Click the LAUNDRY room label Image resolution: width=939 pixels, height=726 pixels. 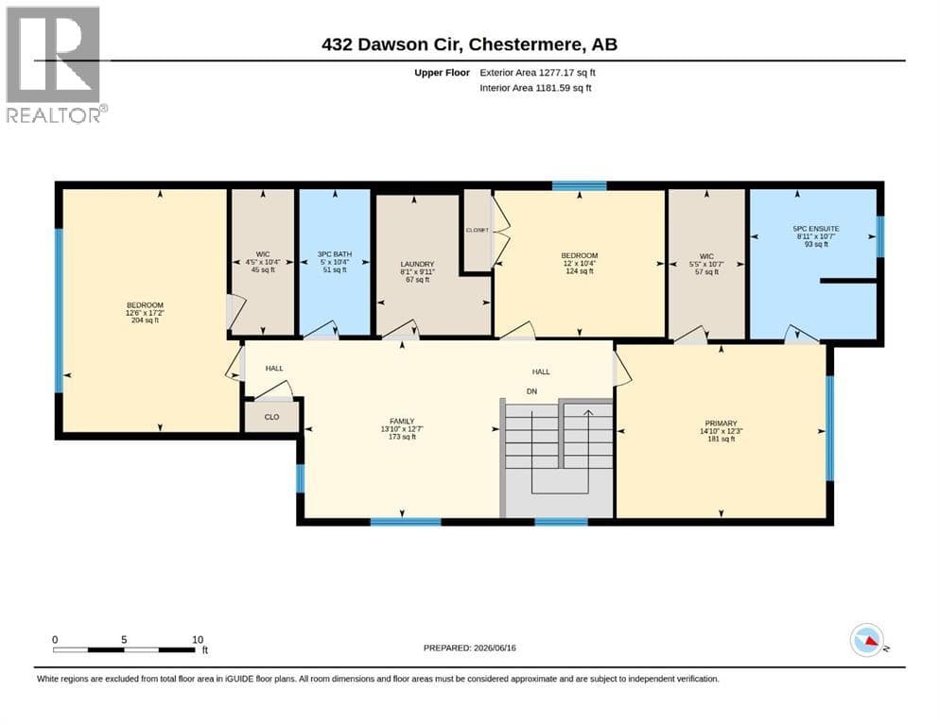(417, 264)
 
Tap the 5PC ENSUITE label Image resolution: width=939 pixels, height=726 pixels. (816, 229)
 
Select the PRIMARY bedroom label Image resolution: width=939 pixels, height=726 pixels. (721, 423)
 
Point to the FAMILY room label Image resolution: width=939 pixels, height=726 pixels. (402, 422)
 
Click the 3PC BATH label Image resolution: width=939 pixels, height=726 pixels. (335, 254)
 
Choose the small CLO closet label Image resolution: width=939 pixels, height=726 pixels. (272, 417)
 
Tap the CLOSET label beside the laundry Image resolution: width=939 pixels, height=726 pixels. (478, 230)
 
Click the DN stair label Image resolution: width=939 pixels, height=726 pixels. (531, 391)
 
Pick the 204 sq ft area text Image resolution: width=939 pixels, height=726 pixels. (145, 320)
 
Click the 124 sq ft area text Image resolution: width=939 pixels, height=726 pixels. (579, 271)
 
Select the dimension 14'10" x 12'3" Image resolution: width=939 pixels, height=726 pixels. (721, 431)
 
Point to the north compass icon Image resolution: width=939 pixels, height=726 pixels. (867, 640)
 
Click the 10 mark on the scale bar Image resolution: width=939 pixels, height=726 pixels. (198, 639)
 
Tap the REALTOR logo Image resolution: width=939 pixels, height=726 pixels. (55, 64)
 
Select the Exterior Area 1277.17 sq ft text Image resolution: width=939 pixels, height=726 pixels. (537, 73)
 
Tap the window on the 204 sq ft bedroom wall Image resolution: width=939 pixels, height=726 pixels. (59, 311)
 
